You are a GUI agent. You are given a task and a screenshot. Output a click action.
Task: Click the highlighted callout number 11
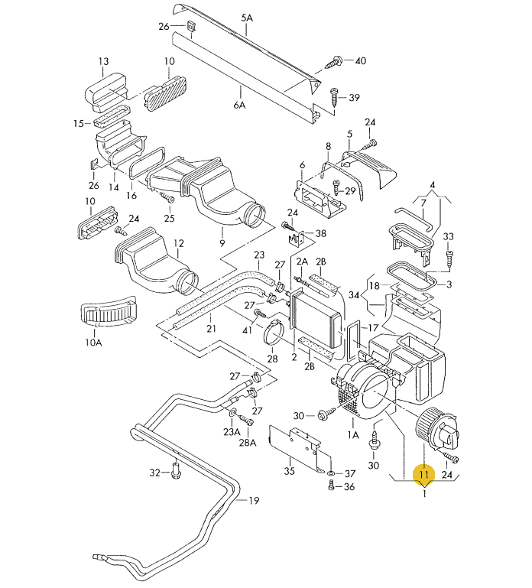[x=423, y=474]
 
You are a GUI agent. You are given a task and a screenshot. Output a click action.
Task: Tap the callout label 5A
[x=247, y=18]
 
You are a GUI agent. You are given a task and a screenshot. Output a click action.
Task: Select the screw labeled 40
[x=333, y=62]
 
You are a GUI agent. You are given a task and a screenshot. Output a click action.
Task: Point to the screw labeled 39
[x=334, y=97]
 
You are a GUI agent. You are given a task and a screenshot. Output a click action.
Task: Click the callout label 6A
[x=239, y=105]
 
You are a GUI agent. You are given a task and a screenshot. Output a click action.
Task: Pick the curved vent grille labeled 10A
[x=109, y=310]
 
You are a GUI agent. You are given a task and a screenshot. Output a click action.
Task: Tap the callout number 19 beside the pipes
[x=254, y=500]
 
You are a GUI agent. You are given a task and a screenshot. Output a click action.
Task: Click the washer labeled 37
[x=331, y=473]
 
